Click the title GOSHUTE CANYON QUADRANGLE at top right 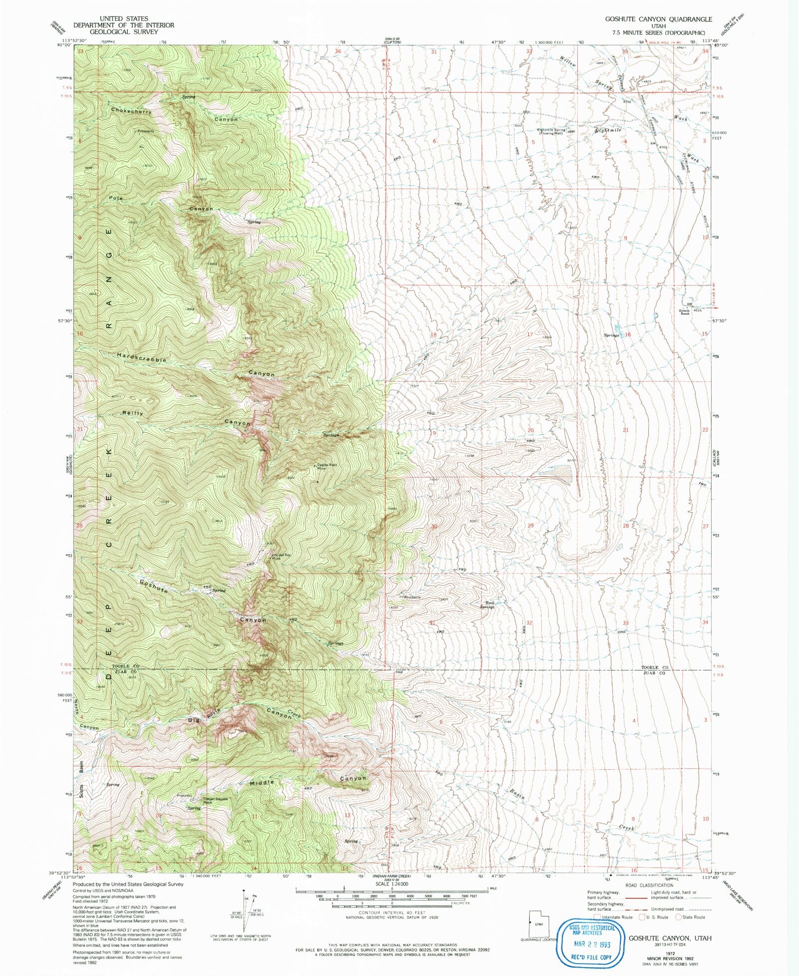[x=658, y=19]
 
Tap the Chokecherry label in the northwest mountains [x=131, y=111]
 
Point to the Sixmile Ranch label [x=684, y=312]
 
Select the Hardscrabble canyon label [x=142, y=357]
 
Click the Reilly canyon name [x=133, y=413]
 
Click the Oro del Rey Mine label [x=281, y=557]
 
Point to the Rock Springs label [x=487, y=605]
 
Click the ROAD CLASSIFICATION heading [x=649, y=886]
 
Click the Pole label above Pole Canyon [x=116, y=198]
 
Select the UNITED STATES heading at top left [x=124, y=18]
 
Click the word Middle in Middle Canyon [x=262, y=782]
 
